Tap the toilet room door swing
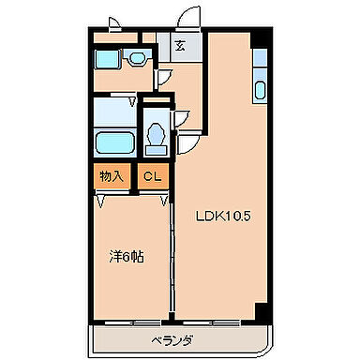click(x=187, y=142)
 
